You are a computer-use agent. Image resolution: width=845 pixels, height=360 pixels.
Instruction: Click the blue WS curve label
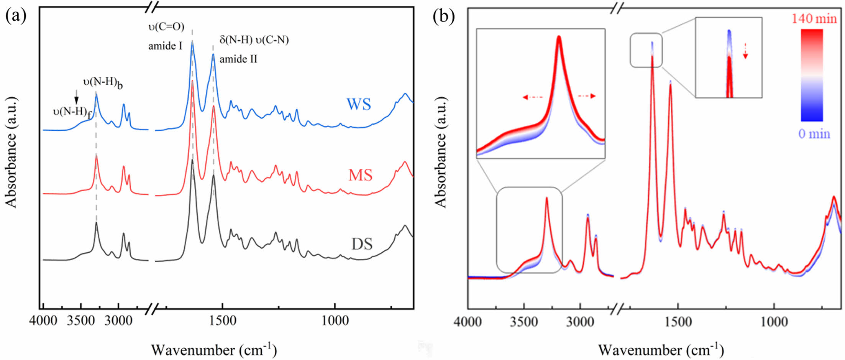(x=359, y=104)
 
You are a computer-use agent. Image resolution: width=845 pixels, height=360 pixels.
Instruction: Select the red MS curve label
(x=360, y=175)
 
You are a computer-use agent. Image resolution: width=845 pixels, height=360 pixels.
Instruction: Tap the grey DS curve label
(x=362, y=244)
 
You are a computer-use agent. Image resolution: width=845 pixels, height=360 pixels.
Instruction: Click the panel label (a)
(x=16, y=16)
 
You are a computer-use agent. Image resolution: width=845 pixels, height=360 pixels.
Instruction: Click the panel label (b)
(x=443, y=16)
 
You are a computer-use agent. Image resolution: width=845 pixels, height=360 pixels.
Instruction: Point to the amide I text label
(x=165, y=46)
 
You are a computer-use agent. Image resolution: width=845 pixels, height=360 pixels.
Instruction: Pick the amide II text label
(x=238, y=59)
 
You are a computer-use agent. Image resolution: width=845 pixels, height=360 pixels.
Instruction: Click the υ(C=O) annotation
(x=166, y=27)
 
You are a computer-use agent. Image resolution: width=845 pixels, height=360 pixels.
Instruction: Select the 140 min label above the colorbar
(x=814, y=18)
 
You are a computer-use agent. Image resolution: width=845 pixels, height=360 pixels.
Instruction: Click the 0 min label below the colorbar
(x=814, y=134)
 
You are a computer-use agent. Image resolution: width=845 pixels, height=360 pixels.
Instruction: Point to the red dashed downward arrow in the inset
(x=745, y=51)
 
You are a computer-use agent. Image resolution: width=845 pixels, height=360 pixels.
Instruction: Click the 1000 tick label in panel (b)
(x=774, y=321)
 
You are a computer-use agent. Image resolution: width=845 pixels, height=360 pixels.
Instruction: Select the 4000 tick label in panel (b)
(x=468, y=321)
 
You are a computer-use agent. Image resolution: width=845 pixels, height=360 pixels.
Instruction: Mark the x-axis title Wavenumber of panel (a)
(x=213, y=349)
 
